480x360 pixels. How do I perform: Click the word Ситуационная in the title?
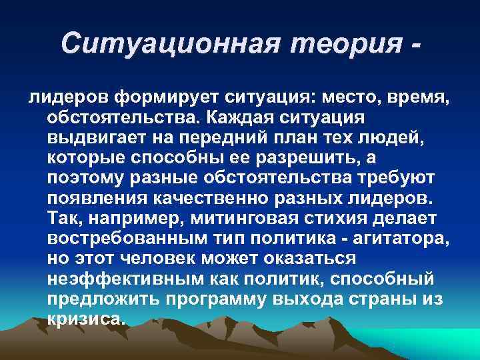point(156,45)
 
